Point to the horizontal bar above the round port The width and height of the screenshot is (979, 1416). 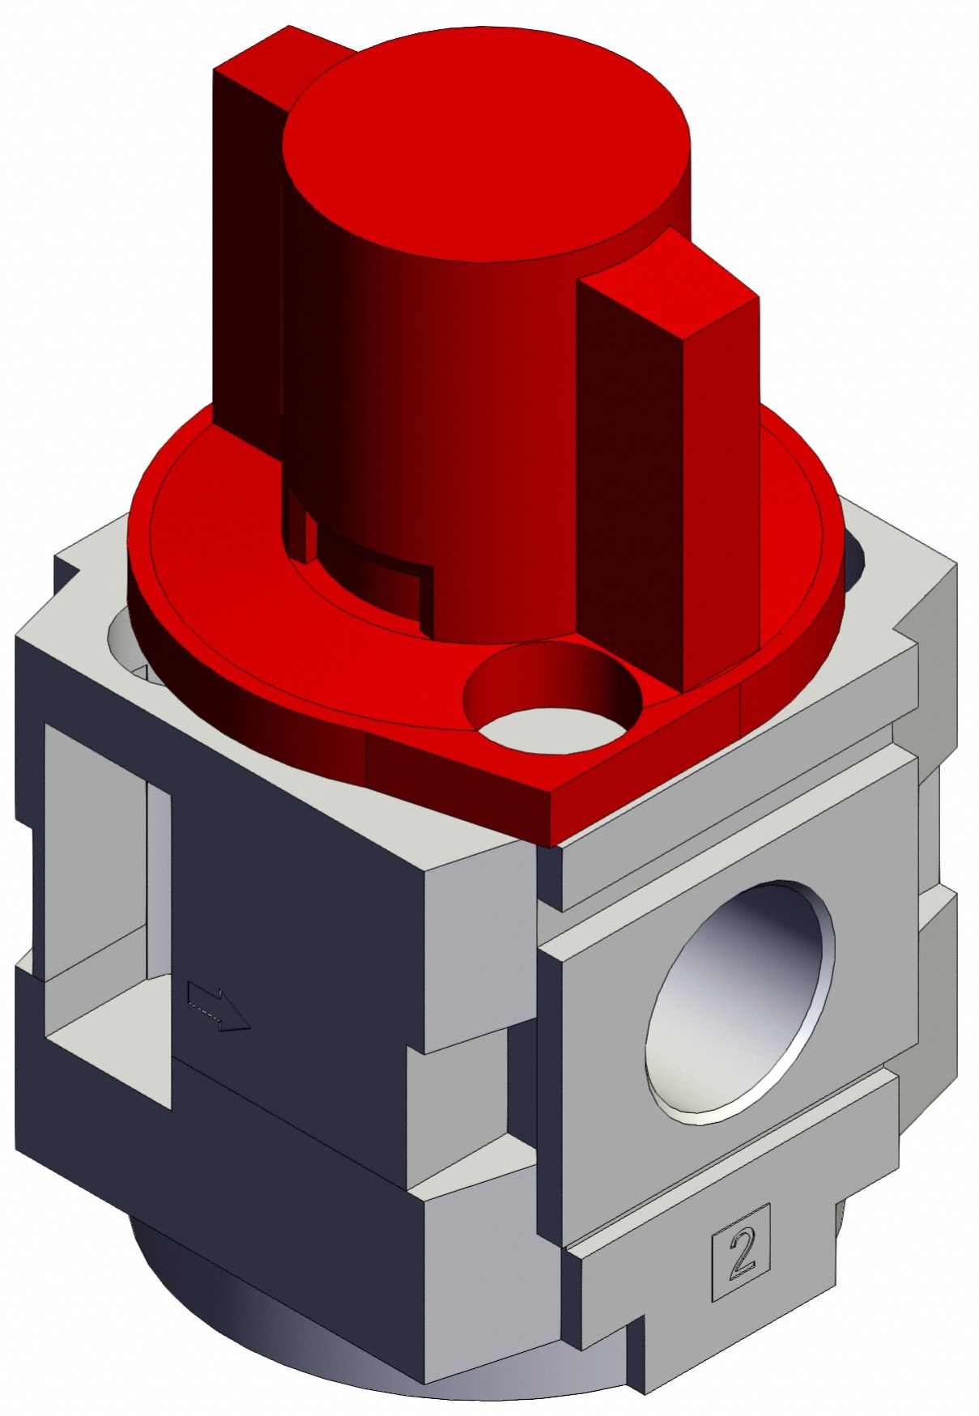click(x=729, y=842)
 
